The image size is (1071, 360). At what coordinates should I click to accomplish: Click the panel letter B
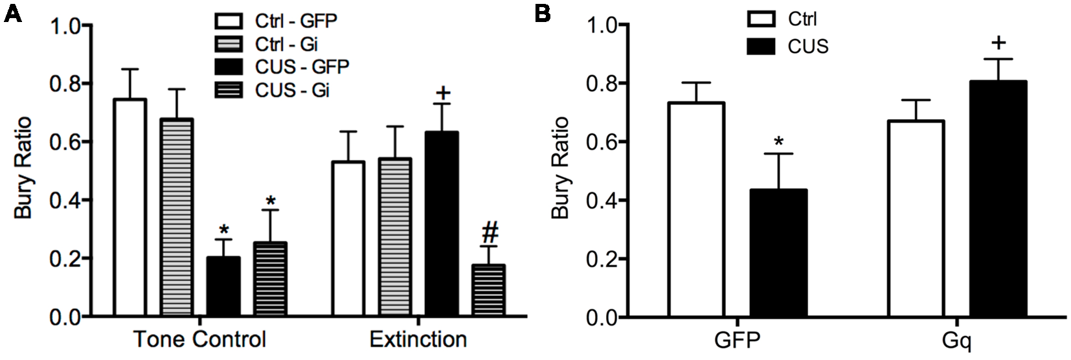coord(543,13)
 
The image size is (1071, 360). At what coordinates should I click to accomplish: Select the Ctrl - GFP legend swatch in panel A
coord(229,21)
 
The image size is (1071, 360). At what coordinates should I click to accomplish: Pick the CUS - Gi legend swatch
coord(229,91)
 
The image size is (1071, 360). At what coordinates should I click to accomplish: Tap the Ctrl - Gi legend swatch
coord(229,44)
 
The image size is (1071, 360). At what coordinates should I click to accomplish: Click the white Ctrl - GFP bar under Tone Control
coord(130,207)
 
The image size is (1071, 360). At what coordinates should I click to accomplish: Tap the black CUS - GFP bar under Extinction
coord(442,224)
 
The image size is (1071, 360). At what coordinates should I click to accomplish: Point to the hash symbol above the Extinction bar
coord(490,231)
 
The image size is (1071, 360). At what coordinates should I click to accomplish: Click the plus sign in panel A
coord(442,92)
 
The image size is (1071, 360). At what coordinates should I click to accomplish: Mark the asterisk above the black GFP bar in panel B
coord(780,142)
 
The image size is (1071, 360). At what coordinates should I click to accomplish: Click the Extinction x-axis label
coord(418,340)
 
